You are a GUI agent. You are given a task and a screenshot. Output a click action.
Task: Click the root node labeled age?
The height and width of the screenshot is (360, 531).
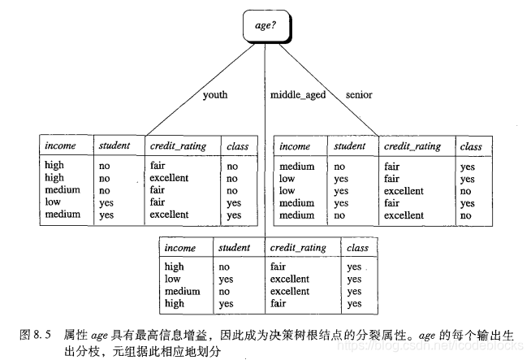point(265,27)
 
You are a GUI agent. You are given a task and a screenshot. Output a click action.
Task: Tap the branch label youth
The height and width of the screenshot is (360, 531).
point(215,95)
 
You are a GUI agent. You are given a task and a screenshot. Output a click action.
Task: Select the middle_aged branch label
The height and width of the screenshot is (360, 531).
point(299,95)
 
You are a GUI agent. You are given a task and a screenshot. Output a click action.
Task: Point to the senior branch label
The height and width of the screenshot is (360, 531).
point(358,95)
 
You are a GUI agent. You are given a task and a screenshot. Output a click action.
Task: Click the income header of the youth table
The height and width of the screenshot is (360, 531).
point(62,146)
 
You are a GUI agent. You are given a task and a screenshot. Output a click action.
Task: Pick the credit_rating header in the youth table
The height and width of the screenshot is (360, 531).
point(178,146)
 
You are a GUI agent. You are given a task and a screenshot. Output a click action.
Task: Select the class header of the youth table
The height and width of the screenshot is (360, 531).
point(238,146)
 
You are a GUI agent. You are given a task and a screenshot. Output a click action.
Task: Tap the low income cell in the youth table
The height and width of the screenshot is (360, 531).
point(53,202)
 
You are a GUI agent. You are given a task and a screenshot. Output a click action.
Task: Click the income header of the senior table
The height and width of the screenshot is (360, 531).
point(296,146)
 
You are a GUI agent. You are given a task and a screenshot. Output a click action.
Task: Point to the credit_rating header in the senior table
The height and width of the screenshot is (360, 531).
point(413,146)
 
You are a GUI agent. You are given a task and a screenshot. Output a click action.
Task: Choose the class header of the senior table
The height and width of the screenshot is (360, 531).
point(471,146)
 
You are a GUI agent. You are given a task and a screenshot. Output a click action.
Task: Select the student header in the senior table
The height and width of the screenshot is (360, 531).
point(351,146)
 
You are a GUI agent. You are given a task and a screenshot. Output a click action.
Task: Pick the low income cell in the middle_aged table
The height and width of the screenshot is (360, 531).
point(172,279)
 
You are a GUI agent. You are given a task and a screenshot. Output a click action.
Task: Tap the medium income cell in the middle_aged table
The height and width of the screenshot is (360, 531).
point(182,291)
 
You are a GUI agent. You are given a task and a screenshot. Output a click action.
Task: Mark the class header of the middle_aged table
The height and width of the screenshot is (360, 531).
point(356,247)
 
